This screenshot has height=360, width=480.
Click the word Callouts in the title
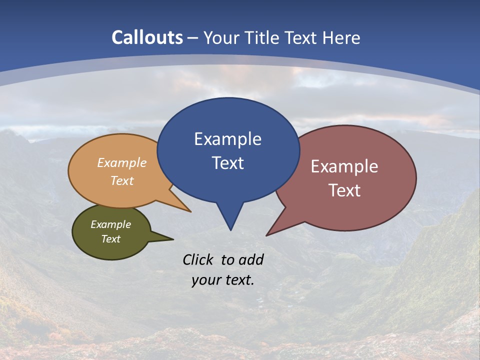(x=147, y=37)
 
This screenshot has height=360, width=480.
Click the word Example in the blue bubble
(x=227, y=139)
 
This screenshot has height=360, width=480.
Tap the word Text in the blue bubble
(x=227, y=163)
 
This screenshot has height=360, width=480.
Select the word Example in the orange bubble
(x=122, y=163)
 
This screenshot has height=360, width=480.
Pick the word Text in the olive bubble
(x=111, y=239)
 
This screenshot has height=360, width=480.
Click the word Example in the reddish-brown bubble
(x=344, y=166)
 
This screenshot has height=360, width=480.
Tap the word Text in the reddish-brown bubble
(x=344, y=190)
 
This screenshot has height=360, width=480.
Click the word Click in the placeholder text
(x=199, y=259)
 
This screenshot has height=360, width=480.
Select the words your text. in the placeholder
(x=223, y=280)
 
